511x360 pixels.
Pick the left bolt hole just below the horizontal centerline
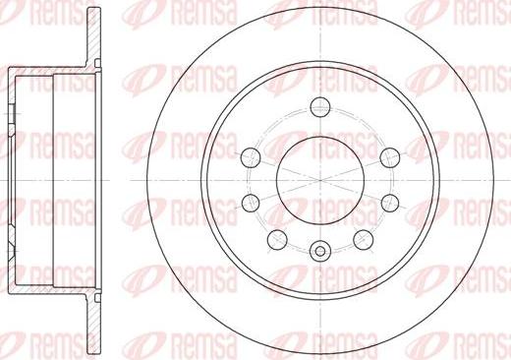coord(249,203)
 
